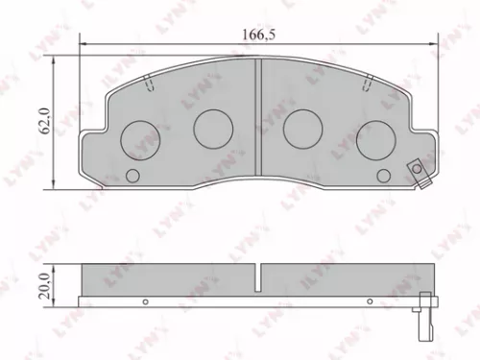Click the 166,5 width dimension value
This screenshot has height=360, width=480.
click(256, 35)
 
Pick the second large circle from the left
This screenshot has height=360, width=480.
click(213, 125)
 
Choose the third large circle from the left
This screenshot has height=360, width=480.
click(304, 125)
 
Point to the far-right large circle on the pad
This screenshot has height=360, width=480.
click(375, 141)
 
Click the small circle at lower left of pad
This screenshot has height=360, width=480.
click(133, 176)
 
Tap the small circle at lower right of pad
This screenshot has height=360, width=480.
click(385, 176)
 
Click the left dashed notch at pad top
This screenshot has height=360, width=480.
click(149, 86)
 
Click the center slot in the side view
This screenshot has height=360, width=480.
click(259, 278)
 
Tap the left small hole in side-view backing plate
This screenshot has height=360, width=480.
click(145, 300)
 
